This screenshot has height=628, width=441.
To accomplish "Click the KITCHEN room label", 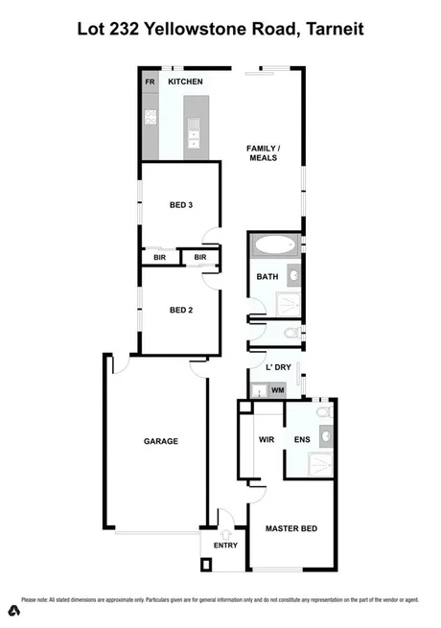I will tap(185, 83).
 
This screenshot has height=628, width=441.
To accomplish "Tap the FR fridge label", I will tap(150, 83).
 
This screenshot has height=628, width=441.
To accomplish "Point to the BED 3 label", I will tap(181, 205).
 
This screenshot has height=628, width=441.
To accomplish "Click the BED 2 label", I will tap(181, 309).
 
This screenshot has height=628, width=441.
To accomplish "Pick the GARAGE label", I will tap(161, 441).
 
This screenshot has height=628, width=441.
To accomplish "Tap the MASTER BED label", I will tap(291, 528).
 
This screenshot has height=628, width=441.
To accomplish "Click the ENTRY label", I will tap(225, 546).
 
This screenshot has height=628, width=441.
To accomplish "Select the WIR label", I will tap(267, 440).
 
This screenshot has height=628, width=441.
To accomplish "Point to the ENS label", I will tap(302, 440).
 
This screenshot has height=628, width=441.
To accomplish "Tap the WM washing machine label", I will tap(278, 390).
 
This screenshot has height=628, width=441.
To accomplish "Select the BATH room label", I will tap(267, 277).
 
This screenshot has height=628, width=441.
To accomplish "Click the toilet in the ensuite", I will tap(324, 412).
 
